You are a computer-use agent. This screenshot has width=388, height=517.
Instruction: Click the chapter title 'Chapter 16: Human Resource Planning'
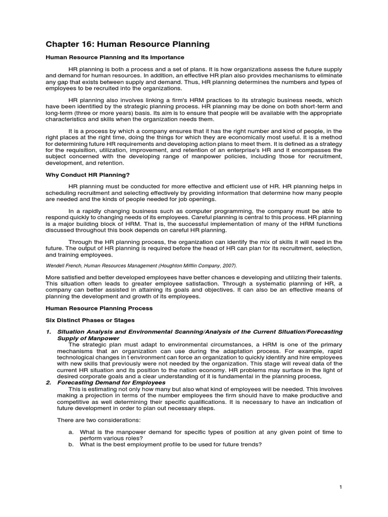click(x=127, y=45)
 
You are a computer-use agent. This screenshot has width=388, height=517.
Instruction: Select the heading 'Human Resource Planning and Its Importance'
click(x=115, y=58)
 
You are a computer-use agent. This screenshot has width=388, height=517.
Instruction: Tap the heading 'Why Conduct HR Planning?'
click(x=88, y=175)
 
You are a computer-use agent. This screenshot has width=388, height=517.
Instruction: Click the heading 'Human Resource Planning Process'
click(x=99, y=307)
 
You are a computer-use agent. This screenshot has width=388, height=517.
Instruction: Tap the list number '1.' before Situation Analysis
click(x=49, y=332)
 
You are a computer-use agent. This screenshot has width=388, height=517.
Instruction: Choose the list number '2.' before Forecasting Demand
click(x=49, y=382)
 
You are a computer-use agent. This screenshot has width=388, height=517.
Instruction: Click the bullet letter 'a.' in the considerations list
click(x=71, y=432)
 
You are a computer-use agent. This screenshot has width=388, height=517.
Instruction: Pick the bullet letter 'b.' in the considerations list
click(x=71, y=444)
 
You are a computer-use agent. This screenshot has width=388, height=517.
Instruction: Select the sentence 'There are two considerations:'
click(x=96, y=420)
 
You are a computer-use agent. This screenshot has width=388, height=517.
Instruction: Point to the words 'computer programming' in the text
click(x=225, y=210)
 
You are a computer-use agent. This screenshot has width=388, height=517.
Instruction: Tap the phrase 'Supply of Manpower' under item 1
click(x=88, y=338)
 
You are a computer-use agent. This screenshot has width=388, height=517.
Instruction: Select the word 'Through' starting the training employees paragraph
click(x=80, y=242)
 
